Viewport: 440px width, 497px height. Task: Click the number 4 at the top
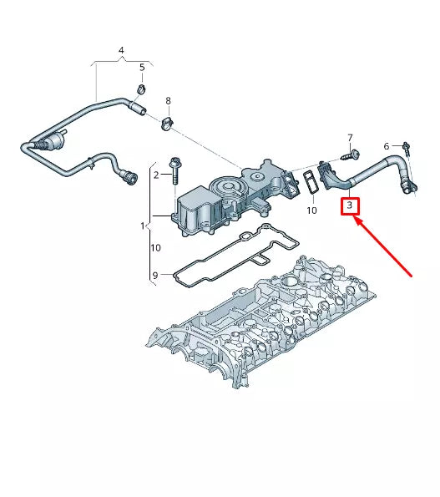coord(120,51)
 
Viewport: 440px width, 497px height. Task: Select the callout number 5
coord(141,67)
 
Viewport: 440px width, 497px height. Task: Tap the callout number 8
coord(168,101)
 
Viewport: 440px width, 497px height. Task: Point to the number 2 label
coord(155,175)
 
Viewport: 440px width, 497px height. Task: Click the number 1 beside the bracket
coord(143,226)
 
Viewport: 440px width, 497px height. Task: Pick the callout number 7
coord(350,137)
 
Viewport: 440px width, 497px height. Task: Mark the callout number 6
coord(386,147)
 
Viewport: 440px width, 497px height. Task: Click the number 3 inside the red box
coord(351,205)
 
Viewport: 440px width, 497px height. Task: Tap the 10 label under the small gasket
coord(311,210)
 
